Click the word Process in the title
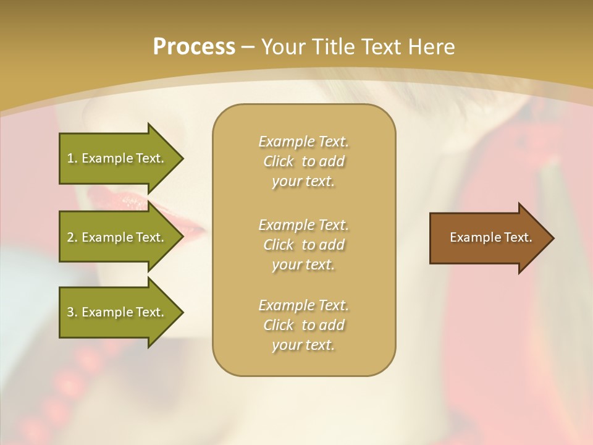194,47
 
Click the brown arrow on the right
488,237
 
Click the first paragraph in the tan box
303,161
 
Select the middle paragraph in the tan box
303,245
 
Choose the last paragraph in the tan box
303,325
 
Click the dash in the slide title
248,48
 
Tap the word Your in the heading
282,47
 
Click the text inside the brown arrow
490,237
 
